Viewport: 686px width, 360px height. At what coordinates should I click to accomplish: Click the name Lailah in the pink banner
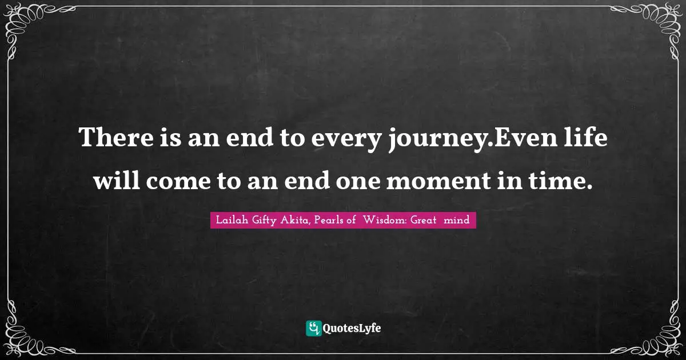point(231,220)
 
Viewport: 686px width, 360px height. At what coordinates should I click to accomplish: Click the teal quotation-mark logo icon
point(313,328)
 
